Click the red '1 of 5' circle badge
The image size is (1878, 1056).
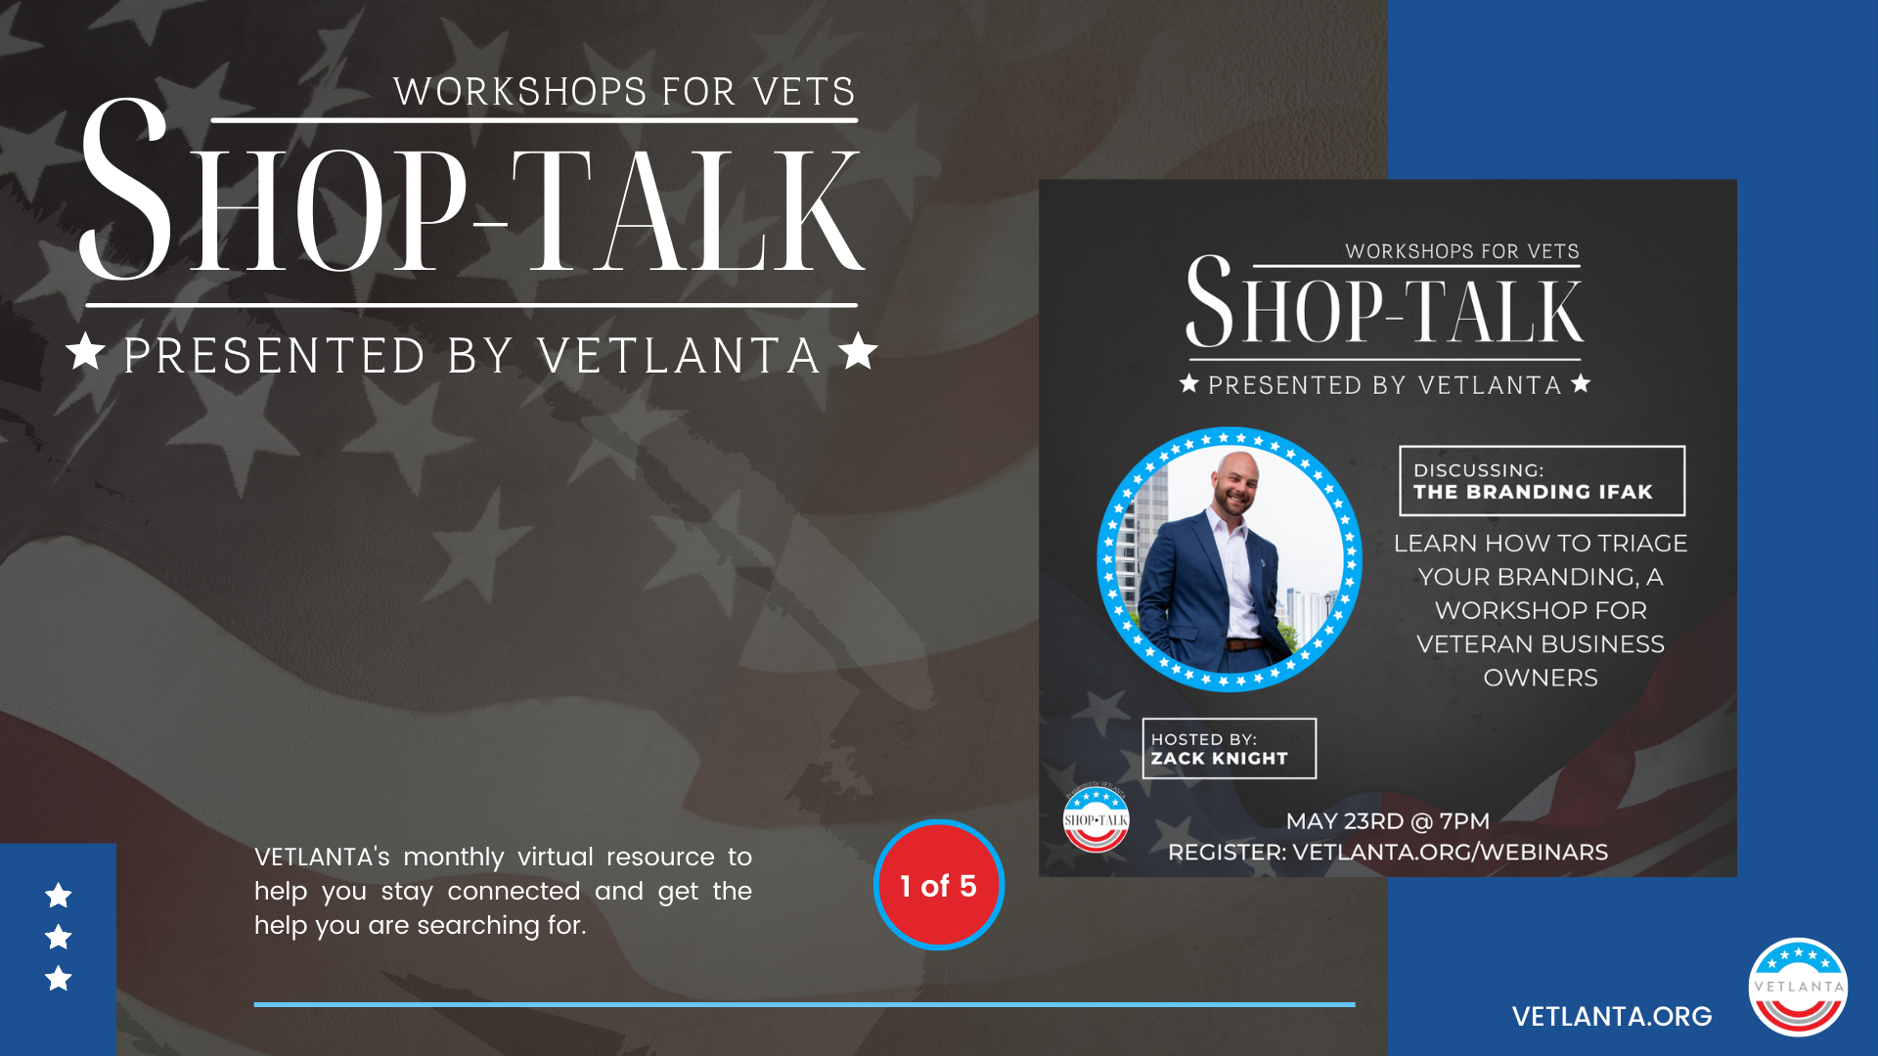click(938, 885)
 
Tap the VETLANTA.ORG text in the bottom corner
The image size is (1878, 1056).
click(1612, 1017)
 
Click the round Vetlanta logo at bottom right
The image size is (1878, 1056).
click(1798, 987)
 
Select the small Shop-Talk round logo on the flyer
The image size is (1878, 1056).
click(1095, 818)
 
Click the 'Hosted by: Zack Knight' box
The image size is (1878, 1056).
click(1230, 748)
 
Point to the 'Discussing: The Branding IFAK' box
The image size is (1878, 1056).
click(1543, 481)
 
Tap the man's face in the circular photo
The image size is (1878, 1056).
click(1233, 484)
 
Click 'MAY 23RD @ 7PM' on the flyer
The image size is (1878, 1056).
click(1387, 821)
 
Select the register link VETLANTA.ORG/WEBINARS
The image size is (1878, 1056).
click(1450, 853)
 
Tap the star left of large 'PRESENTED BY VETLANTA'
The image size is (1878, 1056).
click(86, 351)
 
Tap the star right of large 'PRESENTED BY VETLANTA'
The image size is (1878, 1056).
click(858, 351)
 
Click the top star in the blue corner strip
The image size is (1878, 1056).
click(59, 895)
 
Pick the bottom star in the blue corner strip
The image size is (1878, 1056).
click(59, 978)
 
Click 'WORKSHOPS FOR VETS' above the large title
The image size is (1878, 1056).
click(624, 92)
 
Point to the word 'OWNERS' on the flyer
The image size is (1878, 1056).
click(1541, 678)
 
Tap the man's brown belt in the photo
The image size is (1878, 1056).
click(1244, 644)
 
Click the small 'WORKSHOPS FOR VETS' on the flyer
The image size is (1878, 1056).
click(1462, 251)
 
